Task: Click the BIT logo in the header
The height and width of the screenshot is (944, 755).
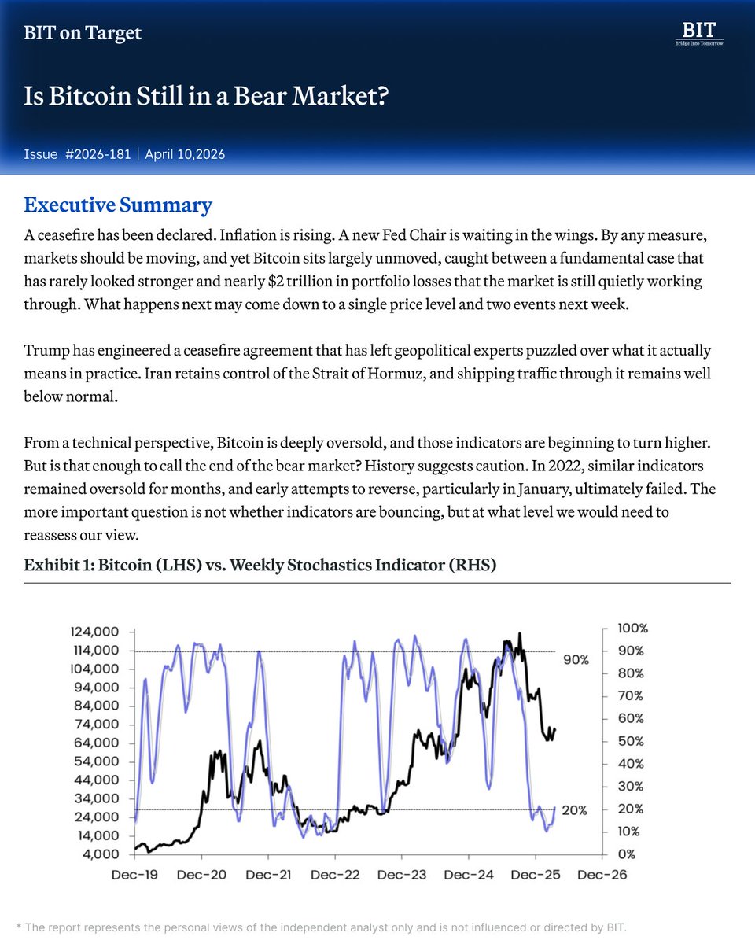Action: (x=699, y=34)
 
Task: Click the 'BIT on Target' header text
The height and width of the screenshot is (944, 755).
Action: (x=83, y=33)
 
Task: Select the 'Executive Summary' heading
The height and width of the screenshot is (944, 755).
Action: (x=118, y=205)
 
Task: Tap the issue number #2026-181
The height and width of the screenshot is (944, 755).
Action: (x=99, y=154)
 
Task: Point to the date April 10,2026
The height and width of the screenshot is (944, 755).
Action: (x=185, y=154)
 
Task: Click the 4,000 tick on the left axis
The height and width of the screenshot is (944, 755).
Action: (x=101, y=854)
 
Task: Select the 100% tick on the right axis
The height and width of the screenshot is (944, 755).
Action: (x=633, y=629)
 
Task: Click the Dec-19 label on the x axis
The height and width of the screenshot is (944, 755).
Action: (x=135, y=875)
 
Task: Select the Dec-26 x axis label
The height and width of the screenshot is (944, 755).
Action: (x=602, y=875)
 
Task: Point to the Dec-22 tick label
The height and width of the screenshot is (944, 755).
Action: (x=335, y=875)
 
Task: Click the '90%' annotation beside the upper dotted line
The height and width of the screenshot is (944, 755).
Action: (x=576, y=660)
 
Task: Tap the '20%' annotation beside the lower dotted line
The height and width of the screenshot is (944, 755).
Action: (x=574, y=810)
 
